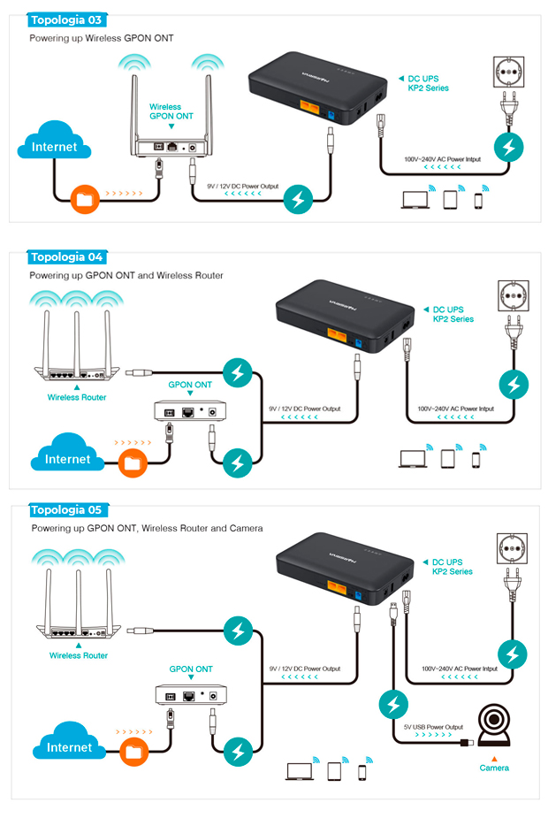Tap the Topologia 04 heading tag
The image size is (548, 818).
[66, 257]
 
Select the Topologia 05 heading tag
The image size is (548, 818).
[66, 510]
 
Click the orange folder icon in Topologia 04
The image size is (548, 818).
[133, 463]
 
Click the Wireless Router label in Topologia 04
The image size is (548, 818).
[77, 397]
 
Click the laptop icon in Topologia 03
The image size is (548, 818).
[413, 202]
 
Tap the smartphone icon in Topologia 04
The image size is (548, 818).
[476, 459]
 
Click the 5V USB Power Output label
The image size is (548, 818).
[433, 727]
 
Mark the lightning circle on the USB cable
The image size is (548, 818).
[393, 705]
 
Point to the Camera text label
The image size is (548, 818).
[494, 768]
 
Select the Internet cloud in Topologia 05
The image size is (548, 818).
[68, 745]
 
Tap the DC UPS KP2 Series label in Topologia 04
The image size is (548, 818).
[453, 315]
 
